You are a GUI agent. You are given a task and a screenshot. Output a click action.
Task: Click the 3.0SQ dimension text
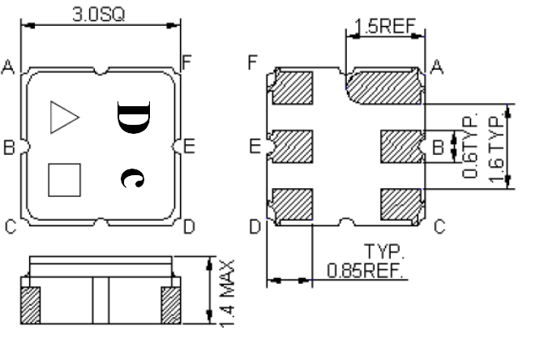coord(100,14)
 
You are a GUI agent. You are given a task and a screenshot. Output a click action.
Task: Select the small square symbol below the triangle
coord(64,179)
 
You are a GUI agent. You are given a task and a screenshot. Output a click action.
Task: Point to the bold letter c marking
coord(130,178)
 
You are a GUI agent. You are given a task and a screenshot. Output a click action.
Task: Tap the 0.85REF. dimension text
coord(365,270)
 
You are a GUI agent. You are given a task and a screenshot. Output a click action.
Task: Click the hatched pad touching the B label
coord(401,147)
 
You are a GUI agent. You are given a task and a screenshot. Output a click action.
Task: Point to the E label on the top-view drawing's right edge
coord(188,147)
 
